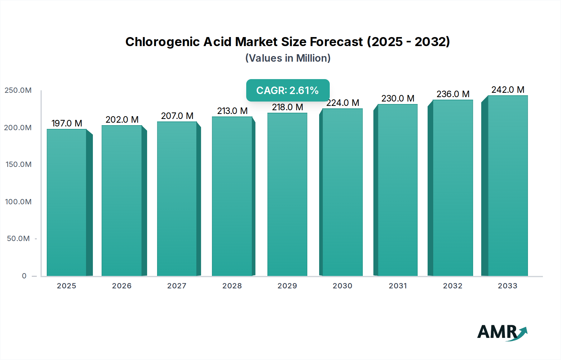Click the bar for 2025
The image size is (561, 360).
click(66, 202)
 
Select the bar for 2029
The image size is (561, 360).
click(287, 195)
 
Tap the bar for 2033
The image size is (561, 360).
click(508, 186)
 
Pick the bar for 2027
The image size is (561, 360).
click(177, 199)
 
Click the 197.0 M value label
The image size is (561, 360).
click(67, 123)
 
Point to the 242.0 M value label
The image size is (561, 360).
click(508, 90)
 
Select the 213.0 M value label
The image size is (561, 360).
click(232, 111)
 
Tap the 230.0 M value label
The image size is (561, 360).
click(398, 98)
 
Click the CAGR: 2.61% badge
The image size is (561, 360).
click(288, 90)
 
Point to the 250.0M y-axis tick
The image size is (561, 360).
click(18, 90)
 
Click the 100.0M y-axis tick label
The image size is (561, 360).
click(18, 202)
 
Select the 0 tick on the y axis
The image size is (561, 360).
click(24, 276)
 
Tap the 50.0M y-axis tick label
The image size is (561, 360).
click(18, 239)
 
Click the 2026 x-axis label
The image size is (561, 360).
click(122, 286)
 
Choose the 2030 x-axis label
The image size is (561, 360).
click(342, 286)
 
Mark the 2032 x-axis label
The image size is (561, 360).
click(453, 286)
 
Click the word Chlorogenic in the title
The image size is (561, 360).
click(162, 42)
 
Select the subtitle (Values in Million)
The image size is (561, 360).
click(288, 58)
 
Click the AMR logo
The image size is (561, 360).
click(502, 332)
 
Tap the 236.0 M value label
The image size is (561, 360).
click(453, 94)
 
